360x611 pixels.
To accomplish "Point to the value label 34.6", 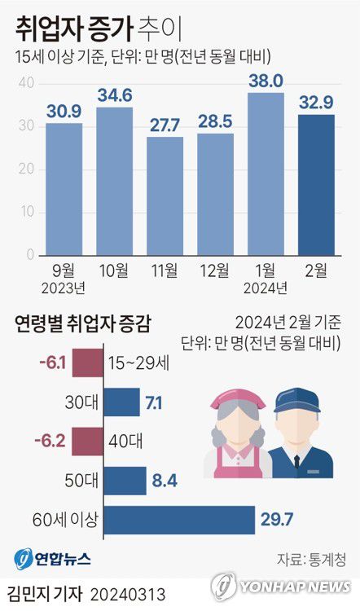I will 114,96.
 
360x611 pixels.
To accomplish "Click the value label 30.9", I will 64,112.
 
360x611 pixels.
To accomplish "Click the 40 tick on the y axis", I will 25,83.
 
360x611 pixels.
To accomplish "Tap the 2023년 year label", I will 64,288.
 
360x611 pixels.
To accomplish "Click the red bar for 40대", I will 87,442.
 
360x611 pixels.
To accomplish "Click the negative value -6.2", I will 50,442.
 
